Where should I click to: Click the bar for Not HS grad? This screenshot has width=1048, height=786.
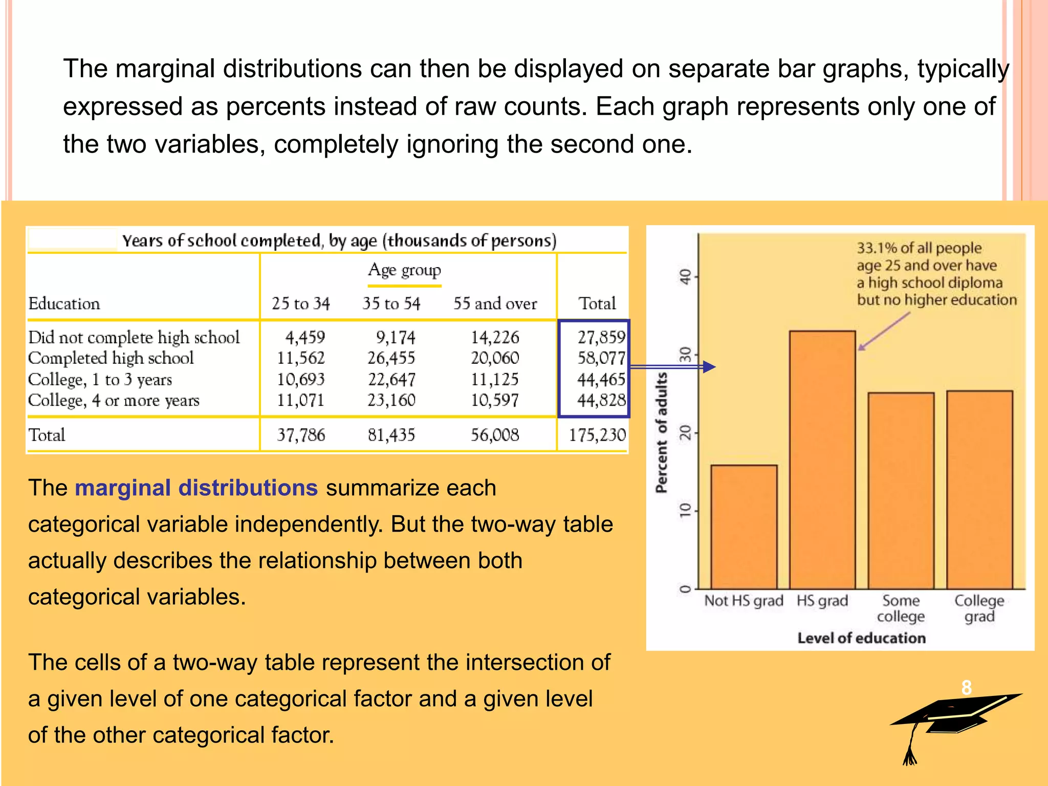pos(744,527)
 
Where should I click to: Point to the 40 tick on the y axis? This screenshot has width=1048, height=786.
pos(685,277)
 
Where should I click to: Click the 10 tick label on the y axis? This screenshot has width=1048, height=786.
pos(685,510)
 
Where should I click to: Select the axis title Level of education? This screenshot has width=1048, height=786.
pos(861,638)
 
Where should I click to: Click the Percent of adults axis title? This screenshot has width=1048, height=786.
pos(662,433)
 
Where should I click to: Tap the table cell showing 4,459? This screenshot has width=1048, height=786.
pos(305,337)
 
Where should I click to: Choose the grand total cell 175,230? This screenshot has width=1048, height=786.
pos(597,435)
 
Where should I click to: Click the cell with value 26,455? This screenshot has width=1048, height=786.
pos(391,358)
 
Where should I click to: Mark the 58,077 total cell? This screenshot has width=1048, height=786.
pos(601,358)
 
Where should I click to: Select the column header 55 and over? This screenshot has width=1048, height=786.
pos(495,303)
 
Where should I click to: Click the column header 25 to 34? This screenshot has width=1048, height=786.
pos(301,303)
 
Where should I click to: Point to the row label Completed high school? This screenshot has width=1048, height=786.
pos(111,358)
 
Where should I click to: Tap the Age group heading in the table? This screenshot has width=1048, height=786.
pos(404,270)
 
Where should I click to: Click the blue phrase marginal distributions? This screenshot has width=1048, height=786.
pos(196,488)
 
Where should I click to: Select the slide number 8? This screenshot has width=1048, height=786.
pos(966,688)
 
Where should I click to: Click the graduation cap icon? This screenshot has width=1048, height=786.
pos(952,722)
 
